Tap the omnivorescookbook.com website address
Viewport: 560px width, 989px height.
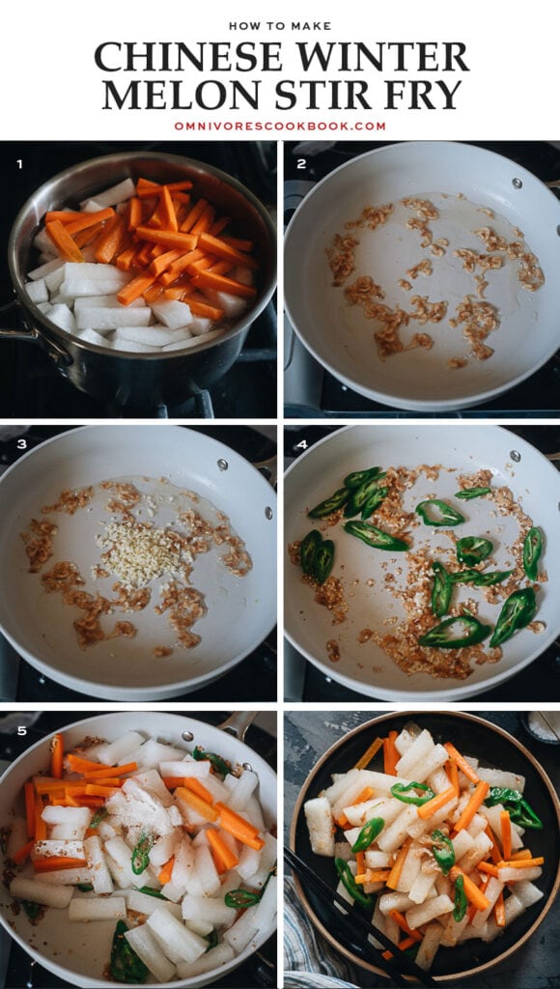click(280, 126)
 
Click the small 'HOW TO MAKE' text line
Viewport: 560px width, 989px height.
click(280, 26)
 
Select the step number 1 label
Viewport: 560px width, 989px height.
click(18, 164)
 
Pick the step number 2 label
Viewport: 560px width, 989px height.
click(301, 164)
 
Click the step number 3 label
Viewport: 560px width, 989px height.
click(18, 446)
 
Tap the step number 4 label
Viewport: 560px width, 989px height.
click(301, 446)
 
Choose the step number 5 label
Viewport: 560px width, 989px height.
click(18, 731)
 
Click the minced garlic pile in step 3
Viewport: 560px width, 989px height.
click(141, 552)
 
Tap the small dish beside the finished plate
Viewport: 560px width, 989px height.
click(541, 726)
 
